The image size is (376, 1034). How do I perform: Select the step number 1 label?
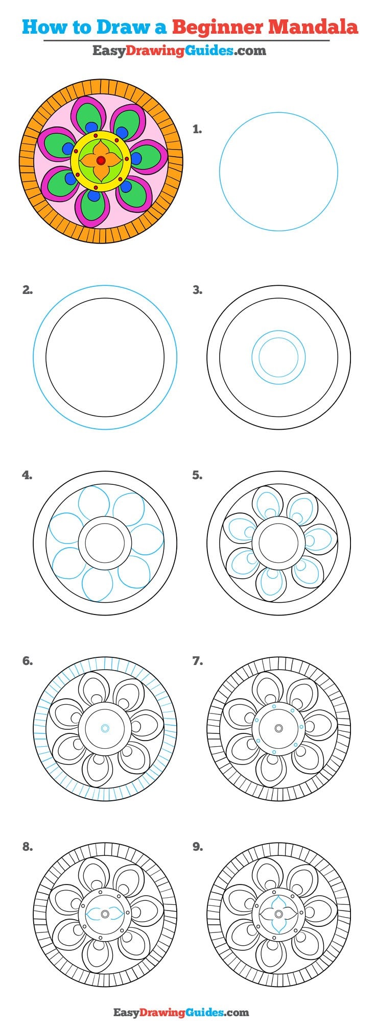197,130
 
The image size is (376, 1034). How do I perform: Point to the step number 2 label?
28,290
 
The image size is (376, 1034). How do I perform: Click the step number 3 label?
197,290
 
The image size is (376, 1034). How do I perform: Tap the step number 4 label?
28,476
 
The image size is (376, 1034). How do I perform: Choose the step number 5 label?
197,476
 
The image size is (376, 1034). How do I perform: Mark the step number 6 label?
28,661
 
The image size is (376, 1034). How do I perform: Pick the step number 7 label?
197,661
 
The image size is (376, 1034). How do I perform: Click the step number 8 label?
28,847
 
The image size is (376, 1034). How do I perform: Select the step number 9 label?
197,847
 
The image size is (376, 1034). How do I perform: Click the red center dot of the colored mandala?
101,161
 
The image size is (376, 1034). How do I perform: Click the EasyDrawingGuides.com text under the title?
179,51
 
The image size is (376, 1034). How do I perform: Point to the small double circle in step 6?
105,728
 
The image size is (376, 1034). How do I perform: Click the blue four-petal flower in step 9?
278,914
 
